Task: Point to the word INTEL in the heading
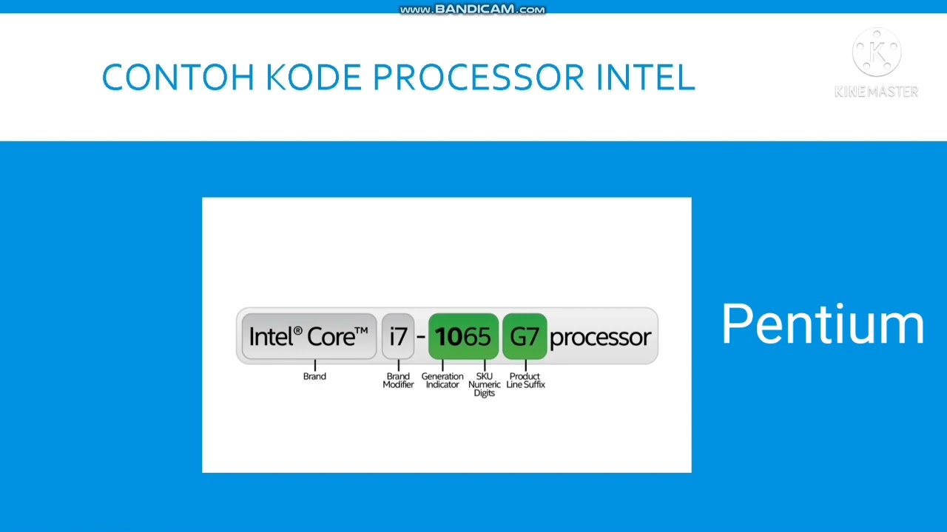(645, 78)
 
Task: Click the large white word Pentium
(823, 324)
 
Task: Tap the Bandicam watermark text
(473, 10)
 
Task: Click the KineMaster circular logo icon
(877, 53)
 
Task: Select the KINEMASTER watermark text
(877, 92)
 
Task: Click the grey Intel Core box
(309, 337)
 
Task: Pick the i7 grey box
(398, 337)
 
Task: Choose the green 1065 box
(463, 337)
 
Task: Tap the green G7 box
(525, 337)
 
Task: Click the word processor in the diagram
(600, 338)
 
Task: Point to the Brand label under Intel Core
(314, 376)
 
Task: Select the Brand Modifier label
(398, 381)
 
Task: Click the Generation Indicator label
(442, 381)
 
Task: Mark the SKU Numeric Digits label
(485, 384)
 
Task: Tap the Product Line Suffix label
(525, 381)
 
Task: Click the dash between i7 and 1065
(421, 337)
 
